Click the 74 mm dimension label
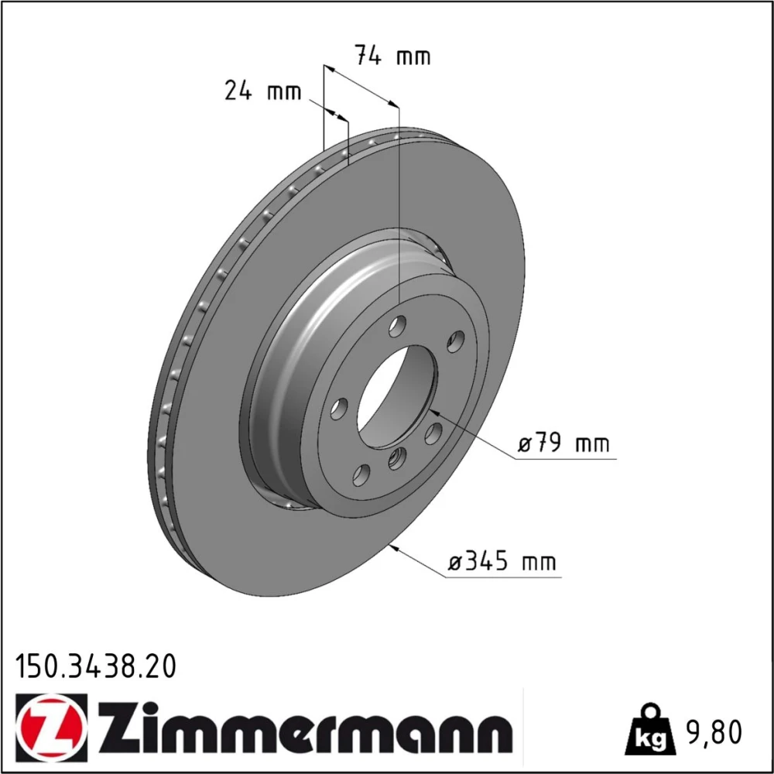[393, 55]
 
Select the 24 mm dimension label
[262, 91]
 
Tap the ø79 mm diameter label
[563, 443]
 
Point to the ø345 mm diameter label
[502, 561]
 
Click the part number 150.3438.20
[95, 666]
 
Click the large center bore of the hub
[397, 396]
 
